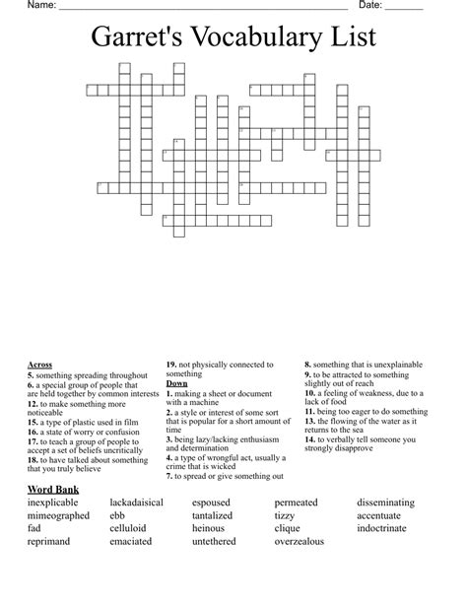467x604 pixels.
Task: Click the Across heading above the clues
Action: (x=40, y=365)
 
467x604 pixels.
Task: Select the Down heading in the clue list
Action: (x=176, y=383)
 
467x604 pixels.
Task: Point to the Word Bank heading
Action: (x=54, y=489)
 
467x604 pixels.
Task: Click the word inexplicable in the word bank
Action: (x=58, y=503)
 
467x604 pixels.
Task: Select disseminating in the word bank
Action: (x=392, y=503)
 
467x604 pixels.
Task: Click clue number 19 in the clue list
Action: (x=170, y=365)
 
